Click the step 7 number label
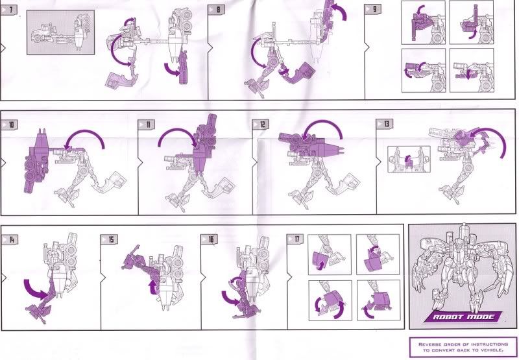[x=8, y=10]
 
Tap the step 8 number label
[x=216, y=9]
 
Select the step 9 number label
[x=372, y=9]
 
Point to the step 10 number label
[x=9, y=125]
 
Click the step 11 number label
[x=147, y=125]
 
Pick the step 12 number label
[x=261, y=125]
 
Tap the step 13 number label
[x=384, y=124]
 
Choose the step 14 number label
[x=10, y=239]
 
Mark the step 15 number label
[x=109, y=239]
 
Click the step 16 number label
[x=210, y=239]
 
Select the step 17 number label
[x=295, y=239]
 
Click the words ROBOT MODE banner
[x=463, y=317]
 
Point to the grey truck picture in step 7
[x=60, y=32]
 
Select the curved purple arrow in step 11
[x=175, y=130]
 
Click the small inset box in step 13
[x=409, y=159]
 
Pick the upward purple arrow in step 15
[x=153, y=287]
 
